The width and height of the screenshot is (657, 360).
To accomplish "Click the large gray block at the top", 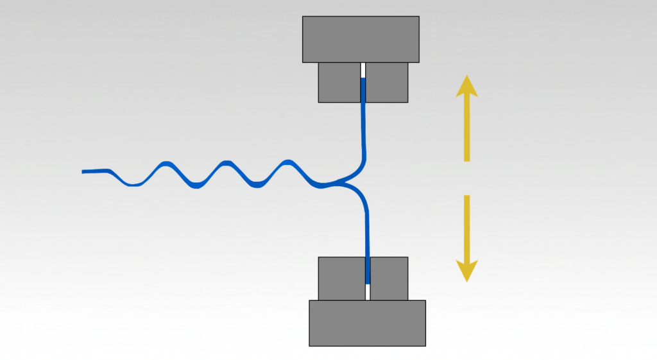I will click(x=361, y=39).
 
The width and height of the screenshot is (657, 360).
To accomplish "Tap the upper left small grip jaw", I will click(x=339, y=82).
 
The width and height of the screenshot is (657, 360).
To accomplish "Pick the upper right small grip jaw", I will click(x=387, y=82).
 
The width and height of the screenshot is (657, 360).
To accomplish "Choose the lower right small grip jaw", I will click(x=389, y=278).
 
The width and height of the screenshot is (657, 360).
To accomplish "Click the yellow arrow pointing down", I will click(x=466, y=238).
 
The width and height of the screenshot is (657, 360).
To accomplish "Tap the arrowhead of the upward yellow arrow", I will click(x=466, y=85).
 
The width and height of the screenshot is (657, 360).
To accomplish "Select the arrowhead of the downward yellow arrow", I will click(x=466, y=271).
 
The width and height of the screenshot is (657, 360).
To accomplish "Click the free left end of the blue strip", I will click(x=84, y=171).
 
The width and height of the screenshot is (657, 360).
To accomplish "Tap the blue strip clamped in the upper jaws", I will click(x=363, y=90).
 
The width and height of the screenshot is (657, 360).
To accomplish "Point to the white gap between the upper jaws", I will click(x=363, y=69).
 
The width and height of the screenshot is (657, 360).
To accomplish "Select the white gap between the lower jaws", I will click(x=368, y=292).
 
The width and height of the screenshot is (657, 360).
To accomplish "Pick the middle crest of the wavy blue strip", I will click(x=225, y=163).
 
